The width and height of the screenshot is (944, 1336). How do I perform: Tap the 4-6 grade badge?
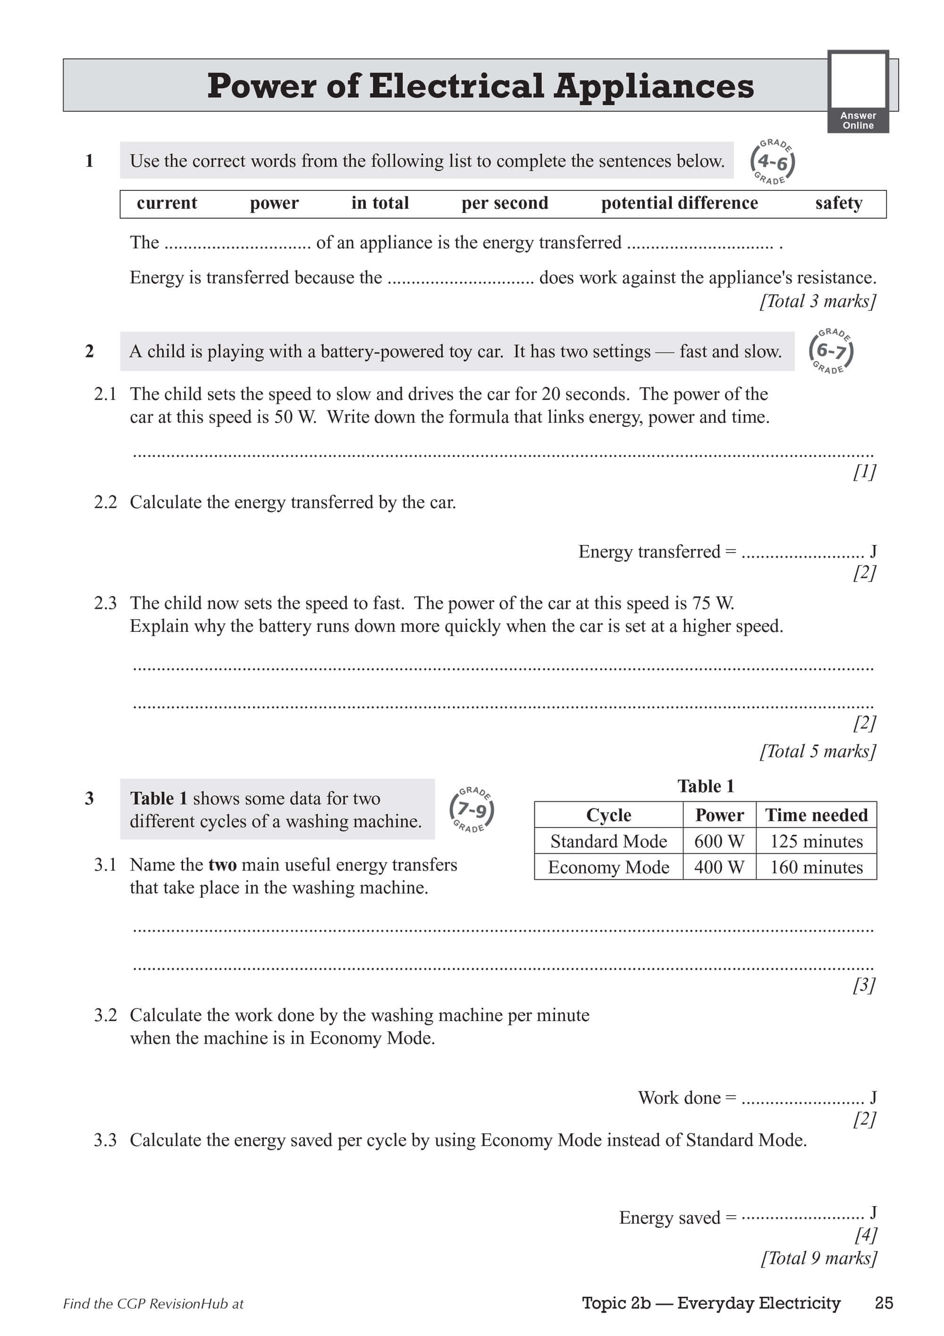pyautogui.click(x=772, y=162)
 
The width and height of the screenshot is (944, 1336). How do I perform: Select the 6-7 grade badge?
pyautogui.click(x=831, y=351)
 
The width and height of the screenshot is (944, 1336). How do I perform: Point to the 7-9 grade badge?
pyautogui.click(x=472, y=809)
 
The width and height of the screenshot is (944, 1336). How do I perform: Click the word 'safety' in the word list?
pyautogui.click(x=838, y=203)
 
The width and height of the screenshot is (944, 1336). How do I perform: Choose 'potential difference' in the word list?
pyautogui.click(x=679, y=203)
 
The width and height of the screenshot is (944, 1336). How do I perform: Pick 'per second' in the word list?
pyautogui.click(x=504, y=203)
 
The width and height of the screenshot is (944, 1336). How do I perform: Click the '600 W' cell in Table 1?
pyautogui.click(x=719, y=841)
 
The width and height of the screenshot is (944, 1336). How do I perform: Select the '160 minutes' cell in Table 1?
pyautogui.click(x=816, y=867)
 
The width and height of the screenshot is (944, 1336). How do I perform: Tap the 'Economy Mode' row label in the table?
pyautogui.click(x=608, y=867)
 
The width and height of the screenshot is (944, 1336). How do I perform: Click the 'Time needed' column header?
pyautogui.click(x=816, y=815)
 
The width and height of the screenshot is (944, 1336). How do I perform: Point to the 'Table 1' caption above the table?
pyautogui.click(x=706, y=786)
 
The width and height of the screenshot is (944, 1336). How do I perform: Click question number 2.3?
pyautogui.click(x=105, y=603)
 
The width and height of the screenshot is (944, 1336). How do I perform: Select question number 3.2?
pyautogui.click(x=105, y=1015)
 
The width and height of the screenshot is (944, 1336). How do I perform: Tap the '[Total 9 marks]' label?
pyautogui.click(x=818, y=1258)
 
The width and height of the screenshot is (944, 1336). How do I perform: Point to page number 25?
pyautogui.click(x=884, y=1303)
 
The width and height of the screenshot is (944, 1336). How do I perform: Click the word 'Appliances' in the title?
pyautogui.click(x=653, y=86)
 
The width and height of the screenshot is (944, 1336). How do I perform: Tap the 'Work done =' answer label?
pyautogui.click(x=687, y=1098)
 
